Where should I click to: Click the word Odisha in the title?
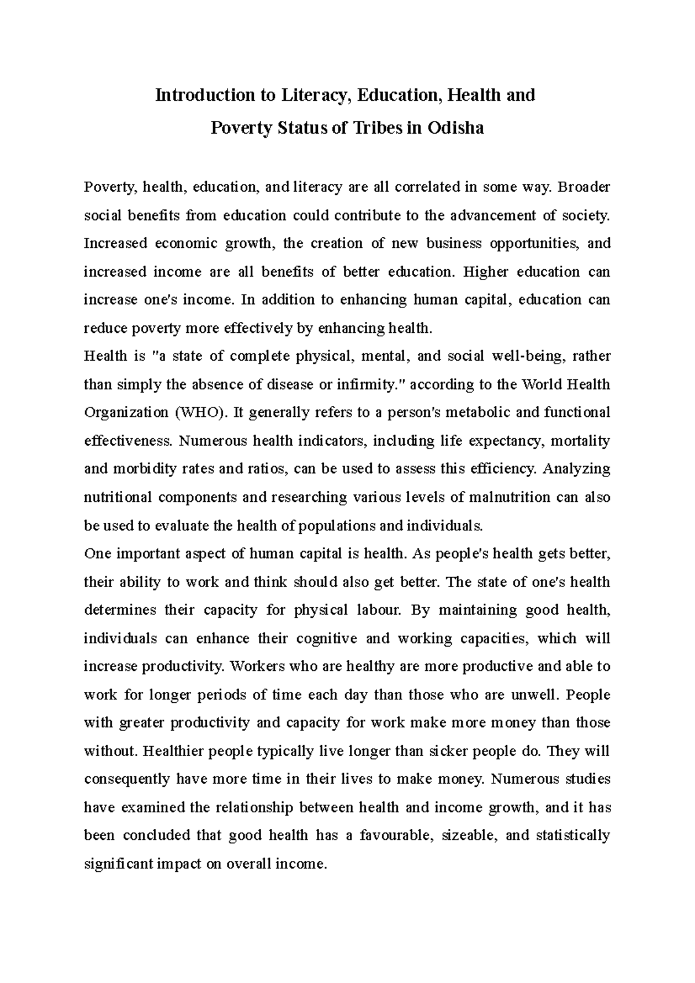click(x=455, y=128)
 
